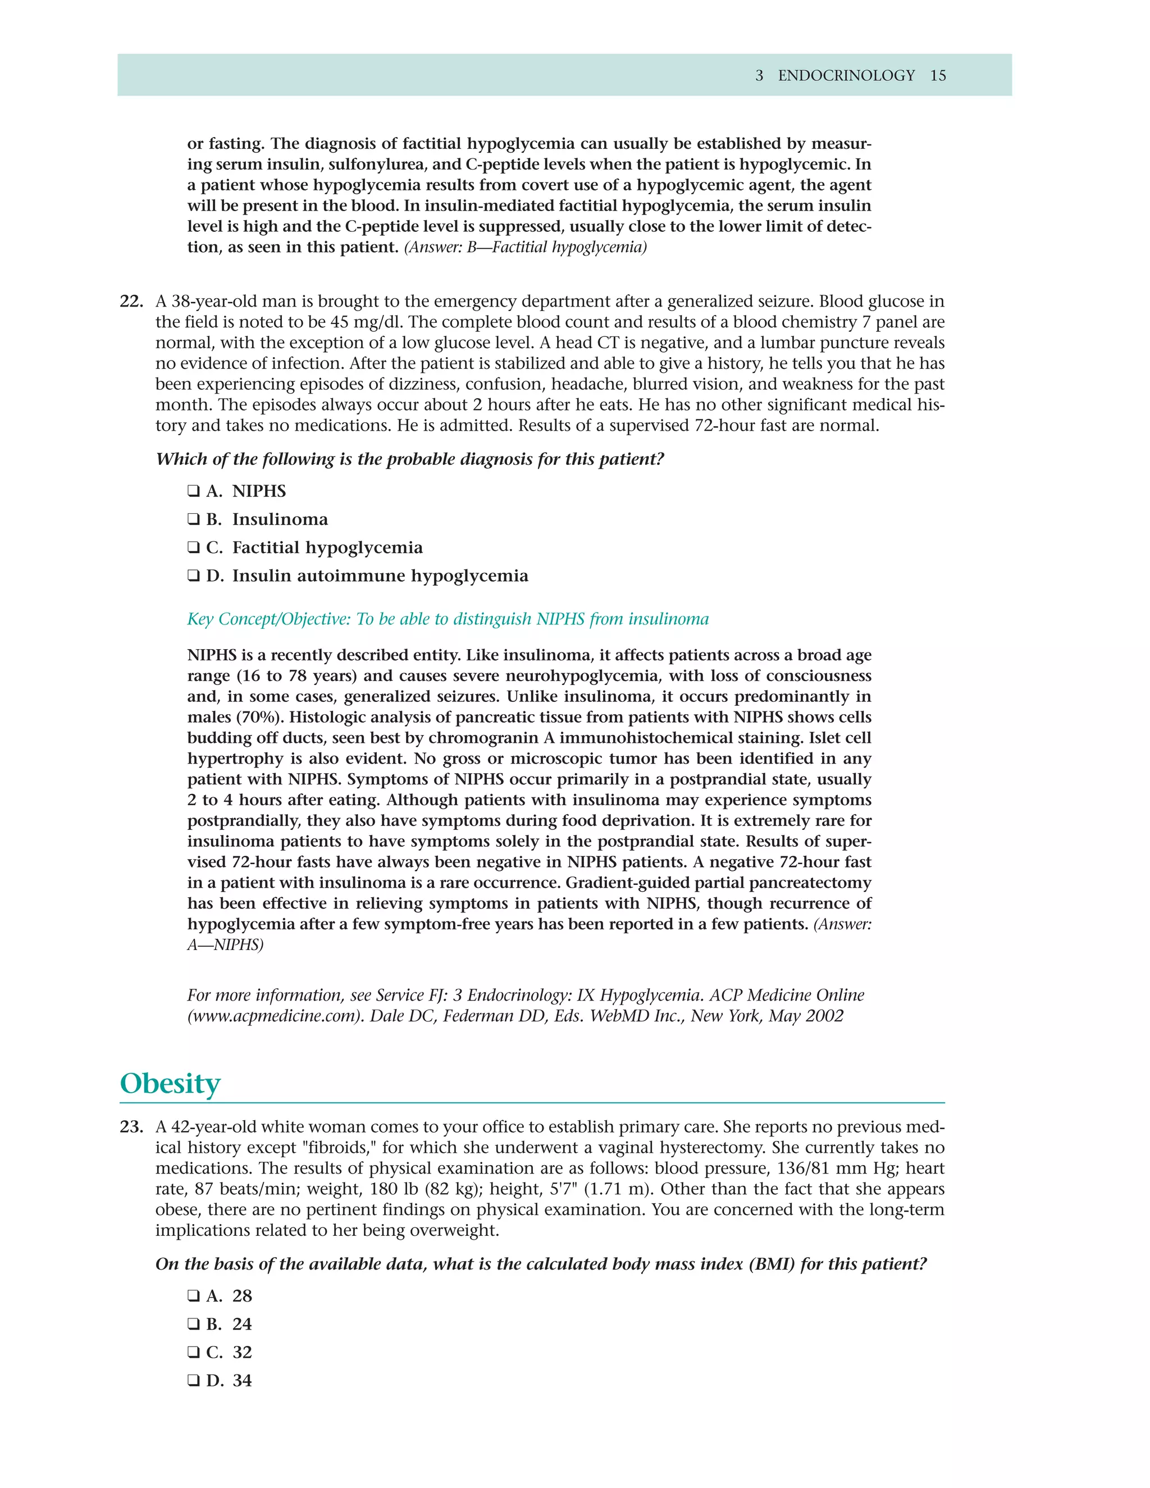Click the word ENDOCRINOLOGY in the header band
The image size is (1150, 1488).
[846, 76]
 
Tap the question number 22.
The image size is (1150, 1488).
[131, 301]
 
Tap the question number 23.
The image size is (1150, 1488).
[131, 1127]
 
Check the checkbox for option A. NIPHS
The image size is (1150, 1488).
[194, 491]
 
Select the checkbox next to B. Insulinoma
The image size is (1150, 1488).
[194, 519]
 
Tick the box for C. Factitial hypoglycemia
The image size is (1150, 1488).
[194, 548]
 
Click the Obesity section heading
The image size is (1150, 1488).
[170, 1084]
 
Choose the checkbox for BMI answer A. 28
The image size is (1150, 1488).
[194, 1296]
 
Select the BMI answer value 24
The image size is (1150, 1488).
[242, 1324]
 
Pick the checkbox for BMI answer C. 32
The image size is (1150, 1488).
[194, 1353]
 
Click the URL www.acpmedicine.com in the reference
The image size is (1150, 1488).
[273, 1016]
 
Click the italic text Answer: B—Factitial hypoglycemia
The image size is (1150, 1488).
[525, 247]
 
